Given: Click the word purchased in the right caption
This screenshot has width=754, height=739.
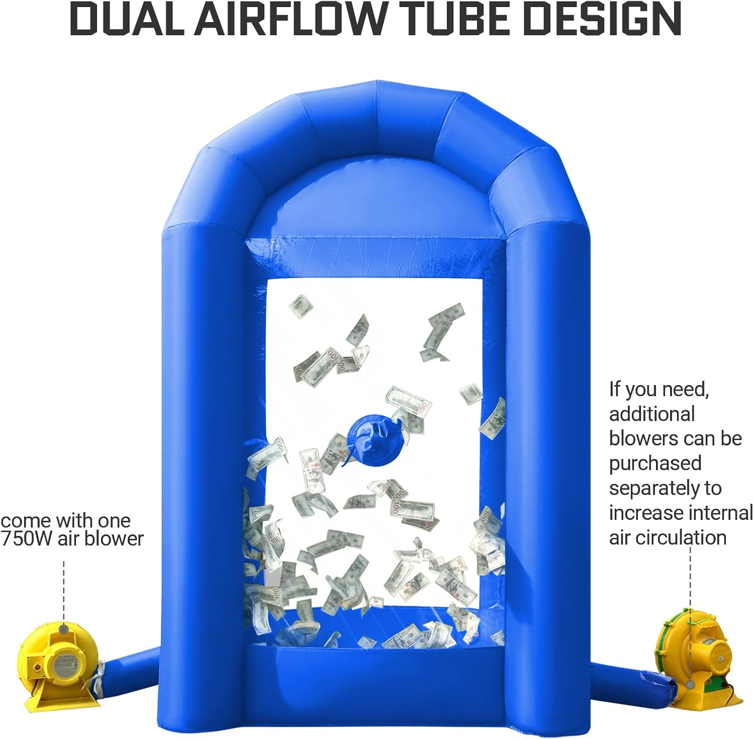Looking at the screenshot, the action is [655, 463].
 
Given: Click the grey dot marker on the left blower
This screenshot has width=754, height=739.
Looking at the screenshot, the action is [64, 629].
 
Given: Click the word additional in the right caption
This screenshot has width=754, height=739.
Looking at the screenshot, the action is [652, 414].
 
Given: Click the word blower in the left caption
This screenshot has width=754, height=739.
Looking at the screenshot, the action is [114, 538].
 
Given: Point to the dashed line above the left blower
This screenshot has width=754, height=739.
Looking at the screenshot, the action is [64, 591].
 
